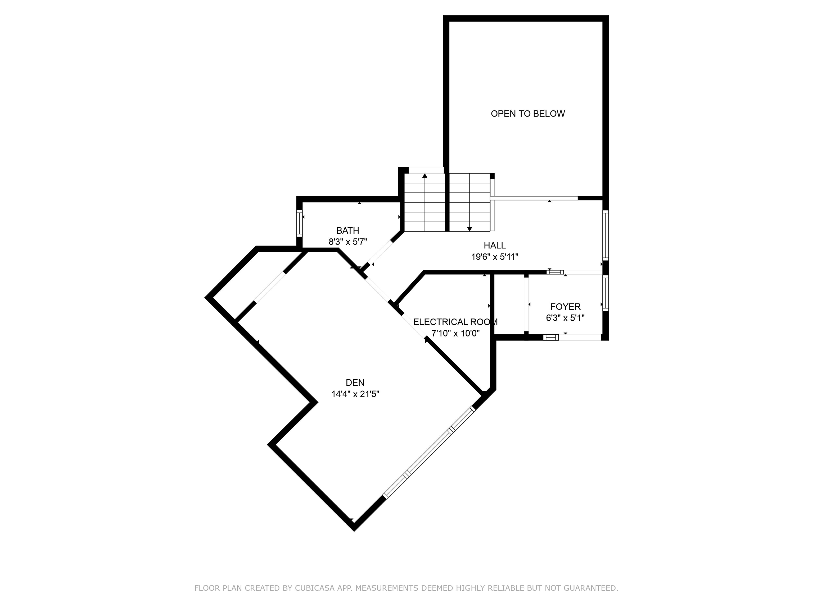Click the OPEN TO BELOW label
click(x=527, y=114)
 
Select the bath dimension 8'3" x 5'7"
click(x=348, y=242)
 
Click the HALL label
click(x=494, y=245)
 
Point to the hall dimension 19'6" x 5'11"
click(x=495, y=257)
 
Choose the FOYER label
click(x=565, y=307)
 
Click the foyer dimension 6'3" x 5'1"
click(x=565, y=318)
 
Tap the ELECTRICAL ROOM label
click(x=455, y=322)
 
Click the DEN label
click(x=355, y=382)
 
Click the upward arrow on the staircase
click(x=425, y=176)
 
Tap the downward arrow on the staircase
click(x=469, y=229)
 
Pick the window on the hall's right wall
click(x=605, y=235)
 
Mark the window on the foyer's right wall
click(x=605, y=293)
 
